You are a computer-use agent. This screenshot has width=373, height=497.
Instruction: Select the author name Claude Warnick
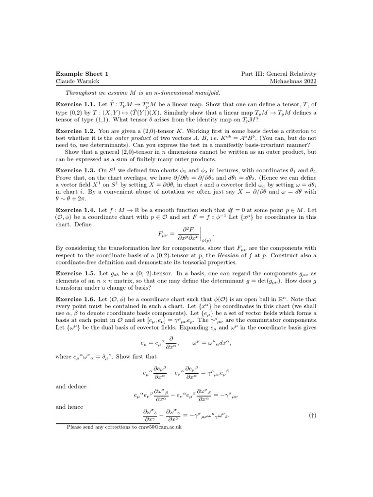tap(79, 81)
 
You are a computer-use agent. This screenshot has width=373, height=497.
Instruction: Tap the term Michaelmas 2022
tap(293, 81)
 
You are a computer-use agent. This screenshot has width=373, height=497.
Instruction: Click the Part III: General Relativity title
tap(279, 73)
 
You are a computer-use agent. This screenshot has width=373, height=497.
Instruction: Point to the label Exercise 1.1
tap(75, 104)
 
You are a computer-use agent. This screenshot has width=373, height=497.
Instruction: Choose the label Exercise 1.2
tap(75, 131)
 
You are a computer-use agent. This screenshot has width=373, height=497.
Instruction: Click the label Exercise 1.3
tap(75, 171)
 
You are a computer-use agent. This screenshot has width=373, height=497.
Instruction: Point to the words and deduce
tap(71, 387)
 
